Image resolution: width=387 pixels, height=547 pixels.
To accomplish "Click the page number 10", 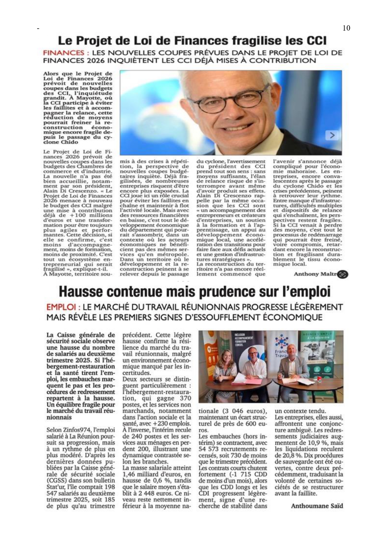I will click(346, 28).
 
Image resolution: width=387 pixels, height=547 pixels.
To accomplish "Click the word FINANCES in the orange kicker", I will click(64, 53).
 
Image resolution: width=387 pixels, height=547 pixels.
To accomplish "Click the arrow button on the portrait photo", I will click(332, 135).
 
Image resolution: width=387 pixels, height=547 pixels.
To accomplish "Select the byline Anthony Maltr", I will click(316, 274).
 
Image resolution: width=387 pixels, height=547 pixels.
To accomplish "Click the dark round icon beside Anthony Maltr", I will click(343, 274).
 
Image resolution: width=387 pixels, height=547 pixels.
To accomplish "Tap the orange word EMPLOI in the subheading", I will click(61, 307).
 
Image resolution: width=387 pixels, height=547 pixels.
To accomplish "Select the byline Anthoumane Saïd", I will click(317, 506).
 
